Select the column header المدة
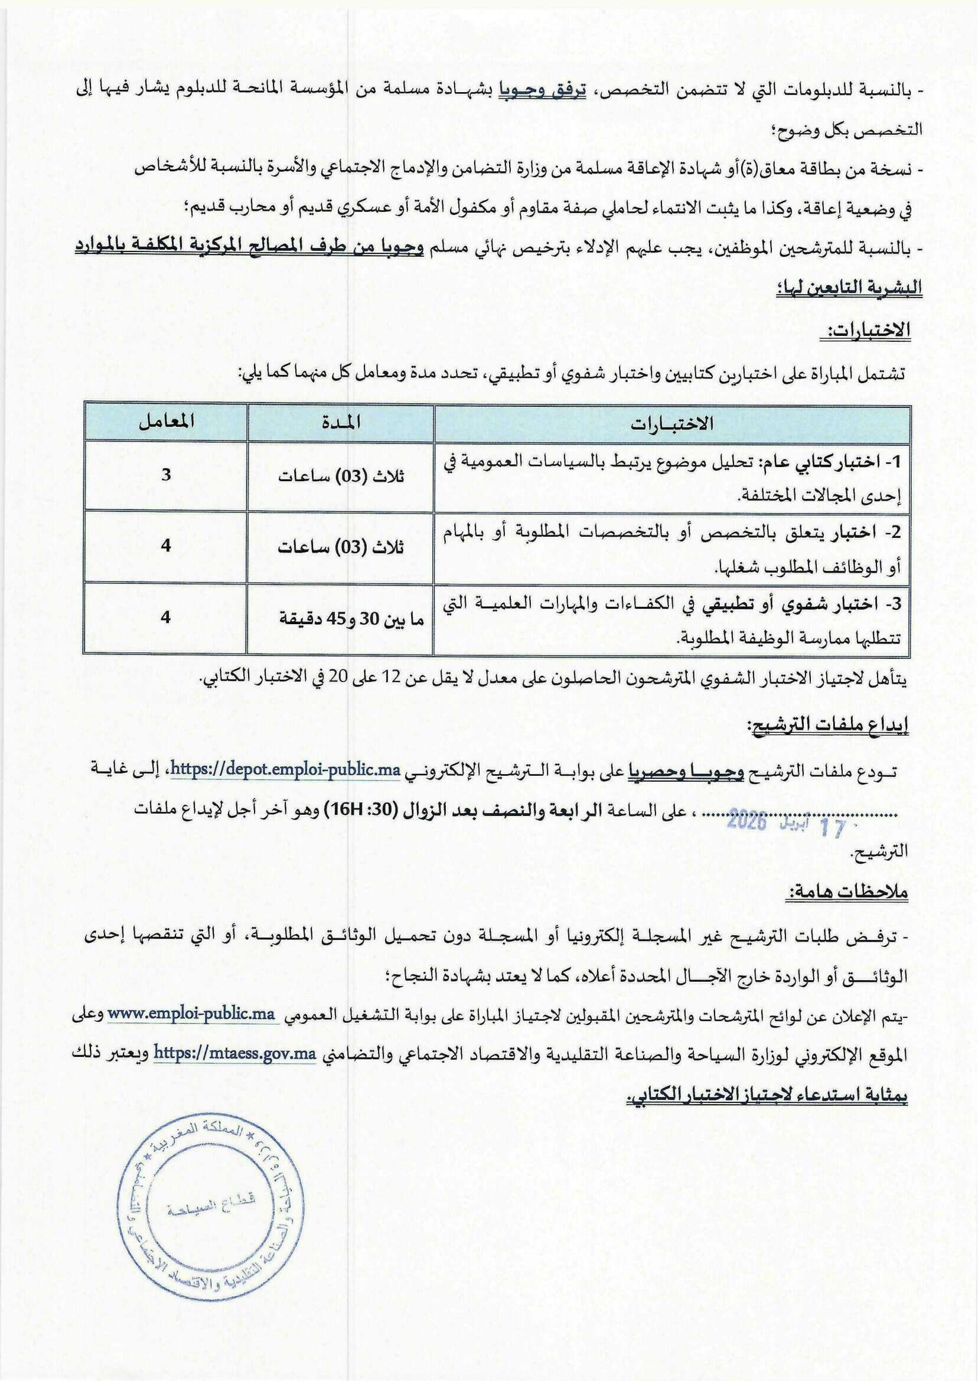point(341,422)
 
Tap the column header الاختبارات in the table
point(671,423)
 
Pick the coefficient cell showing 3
point(166,474)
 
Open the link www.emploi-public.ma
point(191,1013)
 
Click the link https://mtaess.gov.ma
point(235,1053)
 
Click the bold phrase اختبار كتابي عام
point(826,462)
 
